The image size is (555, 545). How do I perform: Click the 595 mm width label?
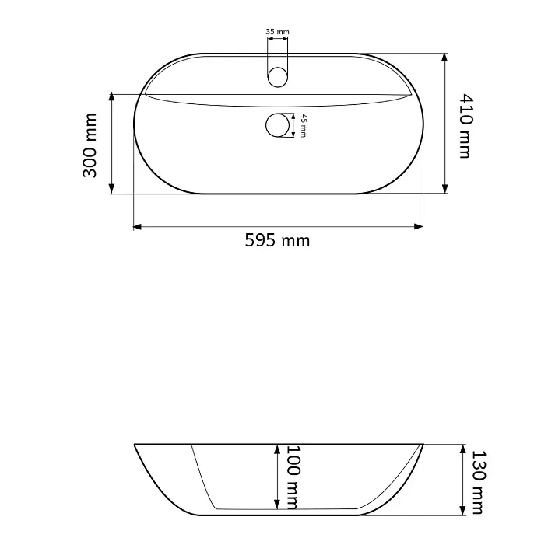277,241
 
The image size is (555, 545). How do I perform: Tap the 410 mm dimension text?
466,126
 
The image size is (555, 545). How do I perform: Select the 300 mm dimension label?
90,145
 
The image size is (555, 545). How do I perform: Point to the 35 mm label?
277,32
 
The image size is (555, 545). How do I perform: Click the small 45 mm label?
304,125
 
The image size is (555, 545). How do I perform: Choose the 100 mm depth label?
293,477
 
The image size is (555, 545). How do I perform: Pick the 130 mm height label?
478,482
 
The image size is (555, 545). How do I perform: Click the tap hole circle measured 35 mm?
278,77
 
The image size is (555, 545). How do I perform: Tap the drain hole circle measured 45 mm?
277,125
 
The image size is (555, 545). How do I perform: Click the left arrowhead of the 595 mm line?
137,226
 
